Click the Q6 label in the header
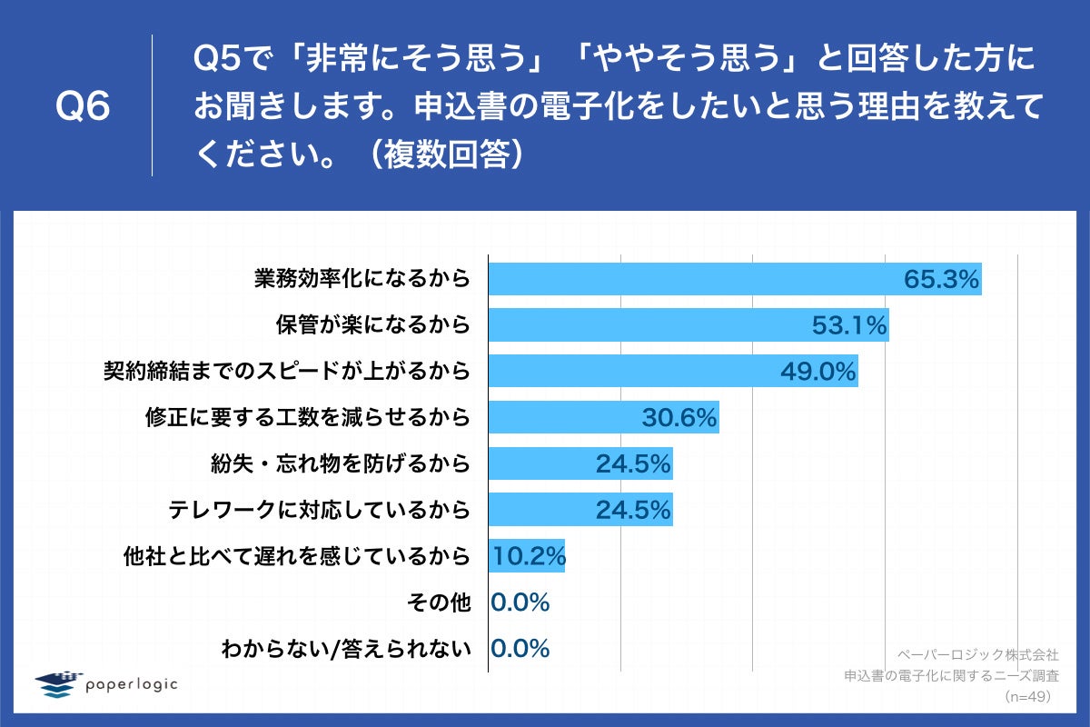click(x=83, y=107)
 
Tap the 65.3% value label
click(x=941, y=279)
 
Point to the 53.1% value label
click(x=848, y=325)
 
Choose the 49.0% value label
click(x=818, y=371)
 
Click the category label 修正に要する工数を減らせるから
click(x=308, y=417)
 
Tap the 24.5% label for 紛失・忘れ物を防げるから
click(x=633, y=463)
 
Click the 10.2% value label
click(x=528, y=556)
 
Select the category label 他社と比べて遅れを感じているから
click(x=297, y=556)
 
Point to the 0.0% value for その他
click(x=520, y=603)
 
